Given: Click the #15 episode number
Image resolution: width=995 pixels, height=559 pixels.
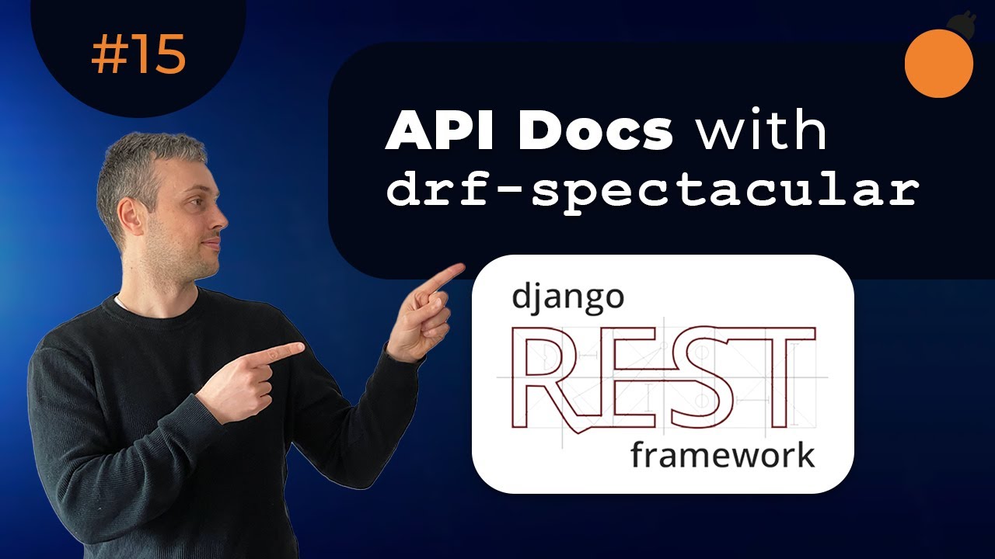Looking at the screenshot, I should (x=138, y=54).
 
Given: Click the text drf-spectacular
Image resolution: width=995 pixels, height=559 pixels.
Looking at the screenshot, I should (x=653, y=189).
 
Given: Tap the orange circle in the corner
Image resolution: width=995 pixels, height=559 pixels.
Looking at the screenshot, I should (x=938, y=63).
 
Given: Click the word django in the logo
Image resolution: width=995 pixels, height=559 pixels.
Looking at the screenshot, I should (x=567, y=297).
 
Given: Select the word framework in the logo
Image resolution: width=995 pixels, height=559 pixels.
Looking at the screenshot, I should (x=723, y=455).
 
